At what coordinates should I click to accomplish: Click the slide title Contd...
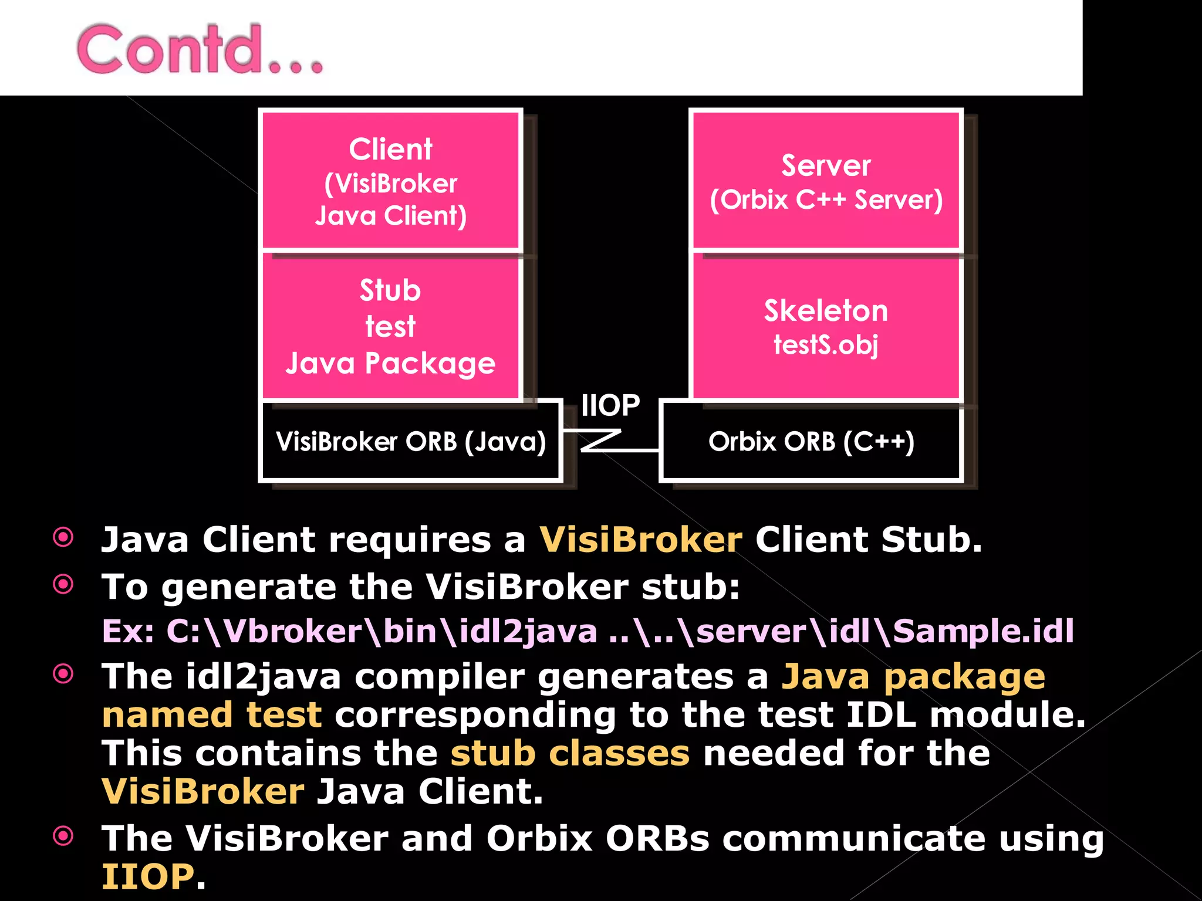click(200, 49)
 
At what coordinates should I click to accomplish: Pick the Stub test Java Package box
click(390, 327)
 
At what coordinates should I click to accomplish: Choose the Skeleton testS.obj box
click(826, 327)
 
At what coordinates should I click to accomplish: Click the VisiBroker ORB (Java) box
click(411, 441)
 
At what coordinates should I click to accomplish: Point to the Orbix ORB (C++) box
click(811, 441)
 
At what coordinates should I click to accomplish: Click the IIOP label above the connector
click(610, 405)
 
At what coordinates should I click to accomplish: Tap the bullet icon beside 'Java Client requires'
click(63, 537)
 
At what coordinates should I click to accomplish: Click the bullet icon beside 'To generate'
click(63, 584)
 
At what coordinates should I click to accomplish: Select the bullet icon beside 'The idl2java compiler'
click(63, 674)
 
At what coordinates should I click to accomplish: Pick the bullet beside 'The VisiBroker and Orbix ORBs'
click(63, 836)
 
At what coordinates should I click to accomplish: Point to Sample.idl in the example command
click(983, 631)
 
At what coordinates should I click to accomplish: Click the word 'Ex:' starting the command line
click(128, 631)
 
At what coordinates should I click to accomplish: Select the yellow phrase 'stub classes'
click(570, 753)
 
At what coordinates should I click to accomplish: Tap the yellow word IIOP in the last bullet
click(147, 876)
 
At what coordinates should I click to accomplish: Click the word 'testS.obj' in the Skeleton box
click(826, 344)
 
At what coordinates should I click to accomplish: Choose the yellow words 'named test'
click(212, 715)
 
